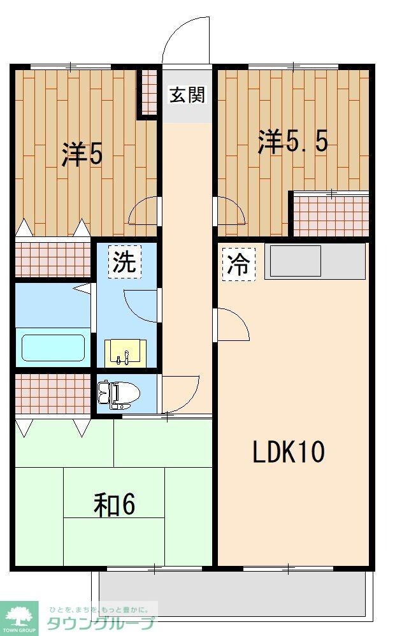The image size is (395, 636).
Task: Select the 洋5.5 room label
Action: click(292, 141)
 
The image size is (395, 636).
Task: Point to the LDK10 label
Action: click(289, 452)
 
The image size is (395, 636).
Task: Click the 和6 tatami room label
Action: click(115, 505)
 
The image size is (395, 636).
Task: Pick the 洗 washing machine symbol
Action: click(124, 262)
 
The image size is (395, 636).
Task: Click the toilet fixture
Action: click(117, 394)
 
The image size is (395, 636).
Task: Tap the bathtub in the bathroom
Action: click(54, 348)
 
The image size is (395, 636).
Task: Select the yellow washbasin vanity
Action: click(125, 353)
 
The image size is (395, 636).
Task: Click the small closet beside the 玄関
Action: click(148, 92)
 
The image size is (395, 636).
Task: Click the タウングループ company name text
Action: click(101, 623)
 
